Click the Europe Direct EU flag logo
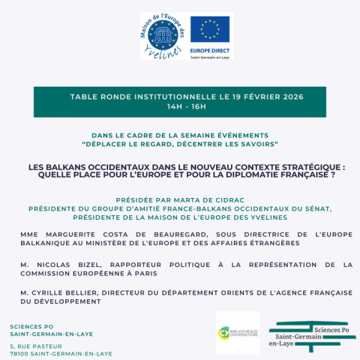pos(211,35)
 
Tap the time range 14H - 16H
pos(179,107)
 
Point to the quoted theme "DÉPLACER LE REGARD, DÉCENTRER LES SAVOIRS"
pos(180,142)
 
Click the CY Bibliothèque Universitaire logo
pos(237,332)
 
